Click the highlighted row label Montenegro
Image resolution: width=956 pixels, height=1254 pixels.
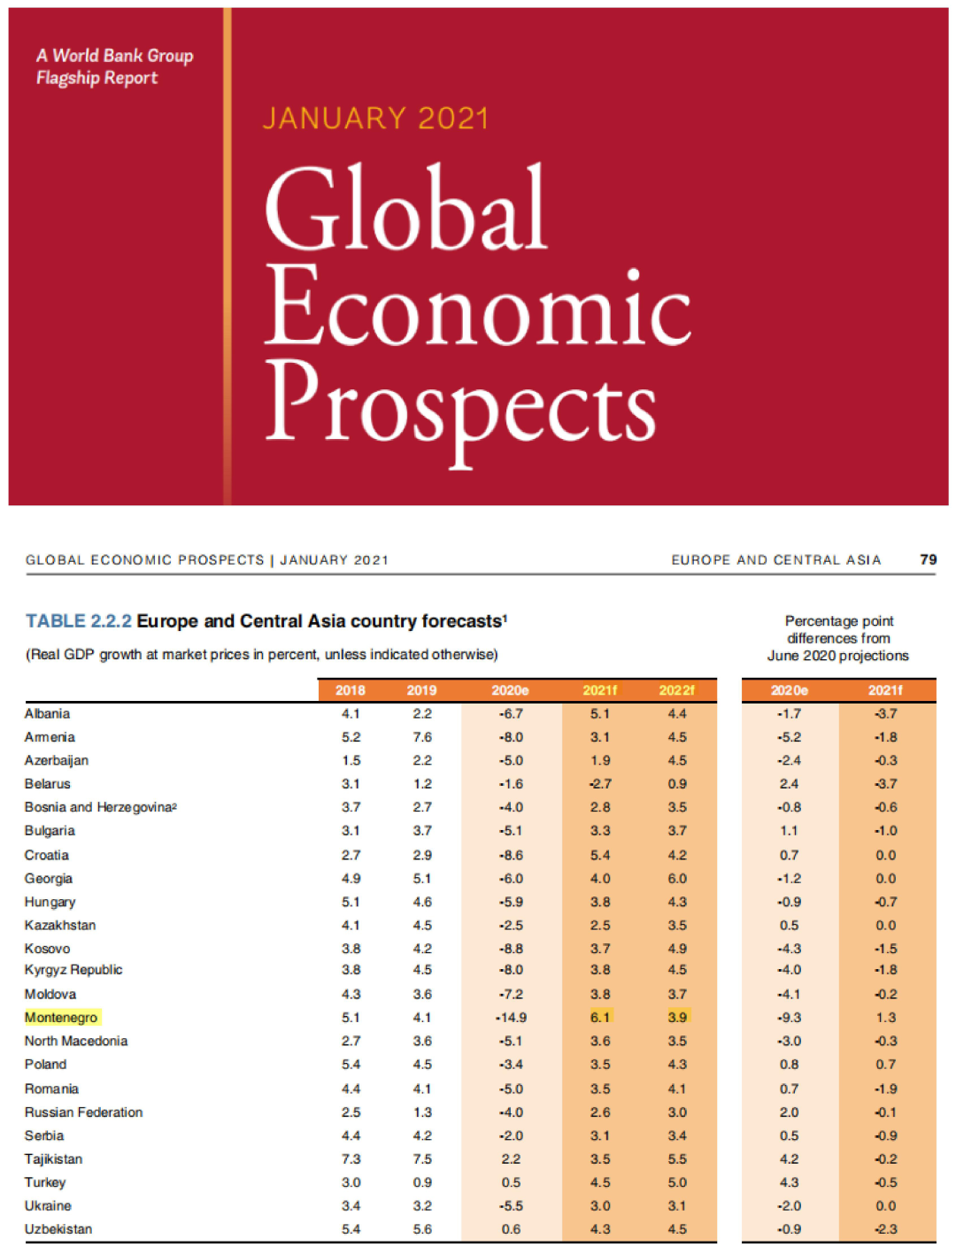point(61,1018)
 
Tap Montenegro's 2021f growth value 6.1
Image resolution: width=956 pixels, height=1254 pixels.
point(600,1018)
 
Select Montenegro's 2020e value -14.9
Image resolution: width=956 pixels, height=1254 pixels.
point(510,1018)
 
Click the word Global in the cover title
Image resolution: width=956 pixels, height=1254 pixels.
point(405,209)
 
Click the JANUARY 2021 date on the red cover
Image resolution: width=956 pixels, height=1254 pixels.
point(375,119)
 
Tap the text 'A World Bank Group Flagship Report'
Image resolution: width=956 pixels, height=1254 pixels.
point(114,66)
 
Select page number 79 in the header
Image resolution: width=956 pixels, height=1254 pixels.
point(928,559)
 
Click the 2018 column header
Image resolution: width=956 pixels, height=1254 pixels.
point(351,690)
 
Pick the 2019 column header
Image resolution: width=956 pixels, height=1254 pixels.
point(421,690)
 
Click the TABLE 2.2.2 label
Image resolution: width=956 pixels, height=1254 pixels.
point(79,621)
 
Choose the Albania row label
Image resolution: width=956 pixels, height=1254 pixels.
point(47,713)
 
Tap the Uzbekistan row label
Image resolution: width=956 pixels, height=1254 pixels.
point(58,1229)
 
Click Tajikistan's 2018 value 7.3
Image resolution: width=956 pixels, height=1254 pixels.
point(351,1158)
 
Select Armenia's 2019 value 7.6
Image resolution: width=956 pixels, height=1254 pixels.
point(422,737)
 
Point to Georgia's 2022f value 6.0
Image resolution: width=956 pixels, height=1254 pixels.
point(677,878)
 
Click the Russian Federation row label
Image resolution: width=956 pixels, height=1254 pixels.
point(83,1112)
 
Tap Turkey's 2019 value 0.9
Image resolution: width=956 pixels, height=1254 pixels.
point(422,1182)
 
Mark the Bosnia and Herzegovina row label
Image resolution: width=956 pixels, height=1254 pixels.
point(100,807)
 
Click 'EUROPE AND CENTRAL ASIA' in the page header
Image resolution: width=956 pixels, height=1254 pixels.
point(775,560)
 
